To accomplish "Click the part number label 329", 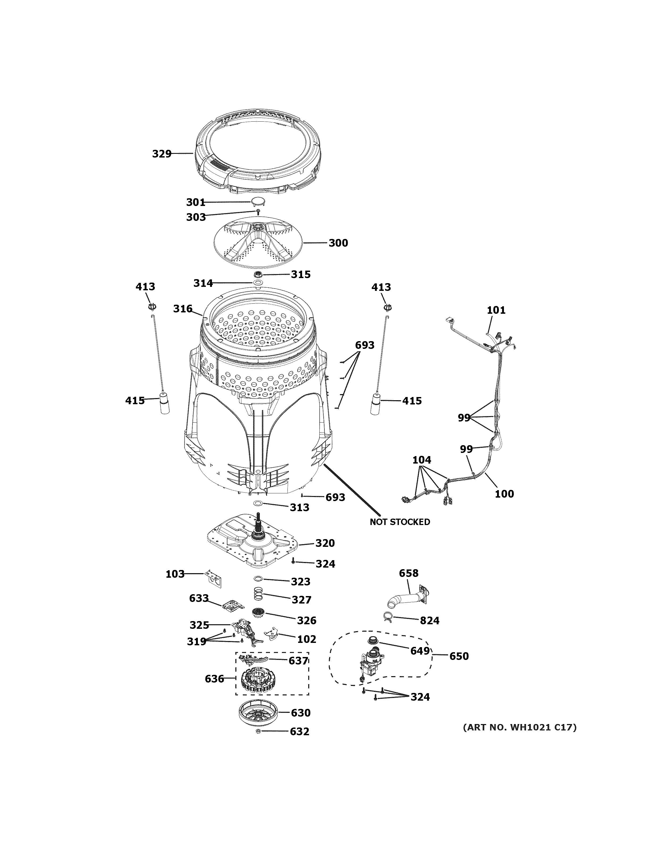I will click(x=162, y=154).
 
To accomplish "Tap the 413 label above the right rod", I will click(x=381, y=287).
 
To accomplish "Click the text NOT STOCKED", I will click(x=399, y=522).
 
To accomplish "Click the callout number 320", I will click(x=325, y=543).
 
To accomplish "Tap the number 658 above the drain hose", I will click(x=408, y=573).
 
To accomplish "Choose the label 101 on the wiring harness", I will click(x=496, y=310).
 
